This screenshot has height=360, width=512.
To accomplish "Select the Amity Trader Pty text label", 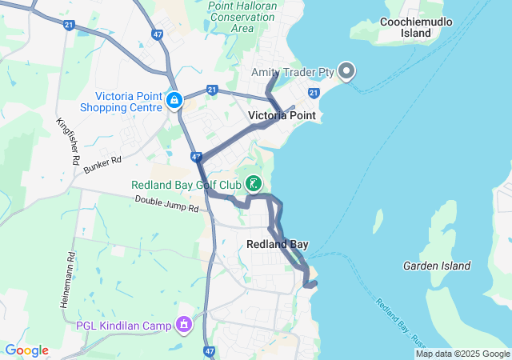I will (x=292, y=72).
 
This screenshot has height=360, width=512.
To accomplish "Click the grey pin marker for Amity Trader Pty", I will (x=346, y=72).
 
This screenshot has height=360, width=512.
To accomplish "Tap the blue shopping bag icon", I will (x=174, y=101).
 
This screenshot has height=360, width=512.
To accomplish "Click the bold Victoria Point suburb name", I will (x=282, y=116).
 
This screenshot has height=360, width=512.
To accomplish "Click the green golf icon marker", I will (x=254, y=185).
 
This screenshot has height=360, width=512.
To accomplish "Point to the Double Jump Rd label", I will (x=166, y=204).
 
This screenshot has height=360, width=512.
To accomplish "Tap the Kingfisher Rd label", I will (x=68, y=142).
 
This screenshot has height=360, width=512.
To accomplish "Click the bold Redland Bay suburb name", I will (x=278, y=244).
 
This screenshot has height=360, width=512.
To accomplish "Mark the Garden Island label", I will (x=437, y=266).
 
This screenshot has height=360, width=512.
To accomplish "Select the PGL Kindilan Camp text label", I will (x=124, y=325).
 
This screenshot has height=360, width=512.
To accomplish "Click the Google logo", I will (x=26, y=350).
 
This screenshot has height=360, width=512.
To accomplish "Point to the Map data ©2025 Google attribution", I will (x=462, y=354).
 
